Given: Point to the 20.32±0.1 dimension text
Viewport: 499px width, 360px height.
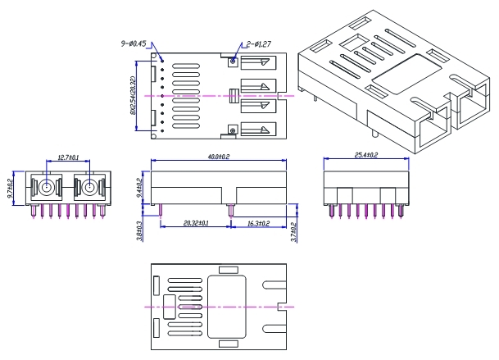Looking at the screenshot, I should [x=195, y=222].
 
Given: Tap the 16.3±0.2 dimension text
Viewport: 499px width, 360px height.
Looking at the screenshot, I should [x=264, y=222].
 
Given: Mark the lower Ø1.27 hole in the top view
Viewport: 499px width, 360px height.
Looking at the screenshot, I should [x=233, y=130].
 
